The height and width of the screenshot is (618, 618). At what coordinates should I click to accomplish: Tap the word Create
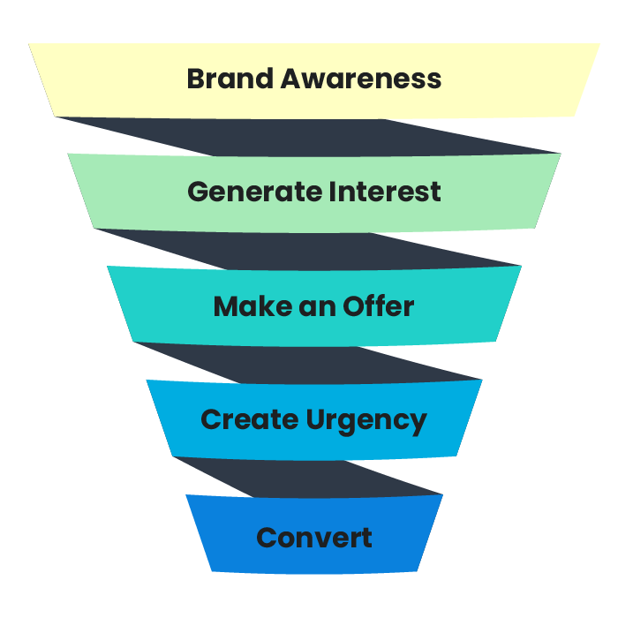click(249, 420)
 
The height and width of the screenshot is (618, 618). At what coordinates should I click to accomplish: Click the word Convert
click(314, 537)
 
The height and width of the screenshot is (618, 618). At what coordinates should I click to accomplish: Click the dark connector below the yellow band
click(309, 136)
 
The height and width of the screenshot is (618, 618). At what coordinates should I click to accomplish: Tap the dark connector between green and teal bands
click(309, 249)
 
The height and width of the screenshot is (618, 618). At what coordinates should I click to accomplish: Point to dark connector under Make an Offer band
click(309, 364)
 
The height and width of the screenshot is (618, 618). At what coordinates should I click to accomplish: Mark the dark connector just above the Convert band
click(309, 477)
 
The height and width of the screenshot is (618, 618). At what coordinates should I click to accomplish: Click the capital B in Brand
click(196, 79)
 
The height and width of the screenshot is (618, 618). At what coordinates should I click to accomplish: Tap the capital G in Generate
click(198, 192)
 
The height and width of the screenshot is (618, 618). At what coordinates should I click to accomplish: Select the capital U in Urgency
click(316, 420)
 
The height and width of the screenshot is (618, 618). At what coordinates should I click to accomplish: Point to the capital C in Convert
click(267, 537)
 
